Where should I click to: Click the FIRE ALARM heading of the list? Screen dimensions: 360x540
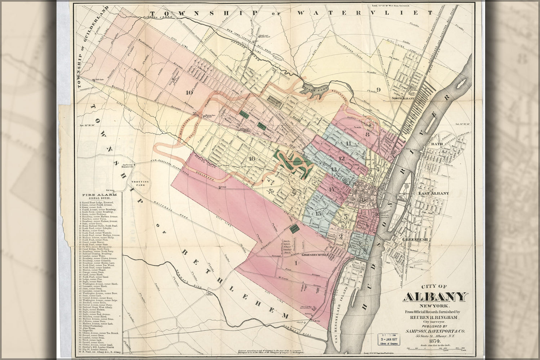(95, 195)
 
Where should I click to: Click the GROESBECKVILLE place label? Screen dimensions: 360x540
(316, 255)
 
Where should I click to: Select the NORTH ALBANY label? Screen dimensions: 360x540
(403, 98)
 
